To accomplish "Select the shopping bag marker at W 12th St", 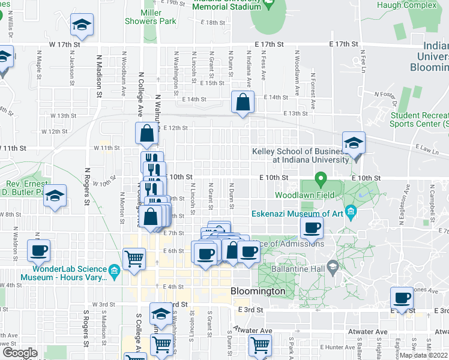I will [x=146, y=133].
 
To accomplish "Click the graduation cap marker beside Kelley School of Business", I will [x=354, y=143].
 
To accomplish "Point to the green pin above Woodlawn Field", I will [x=321, y=178].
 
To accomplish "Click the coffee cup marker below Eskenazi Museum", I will [x=312, y=227].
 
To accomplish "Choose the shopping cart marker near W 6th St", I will [x=134, y=259].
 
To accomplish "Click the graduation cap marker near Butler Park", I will [x=55, y=196].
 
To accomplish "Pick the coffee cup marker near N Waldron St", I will [x=38, y=250].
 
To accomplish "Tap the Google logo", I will [x=20, y=353].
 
